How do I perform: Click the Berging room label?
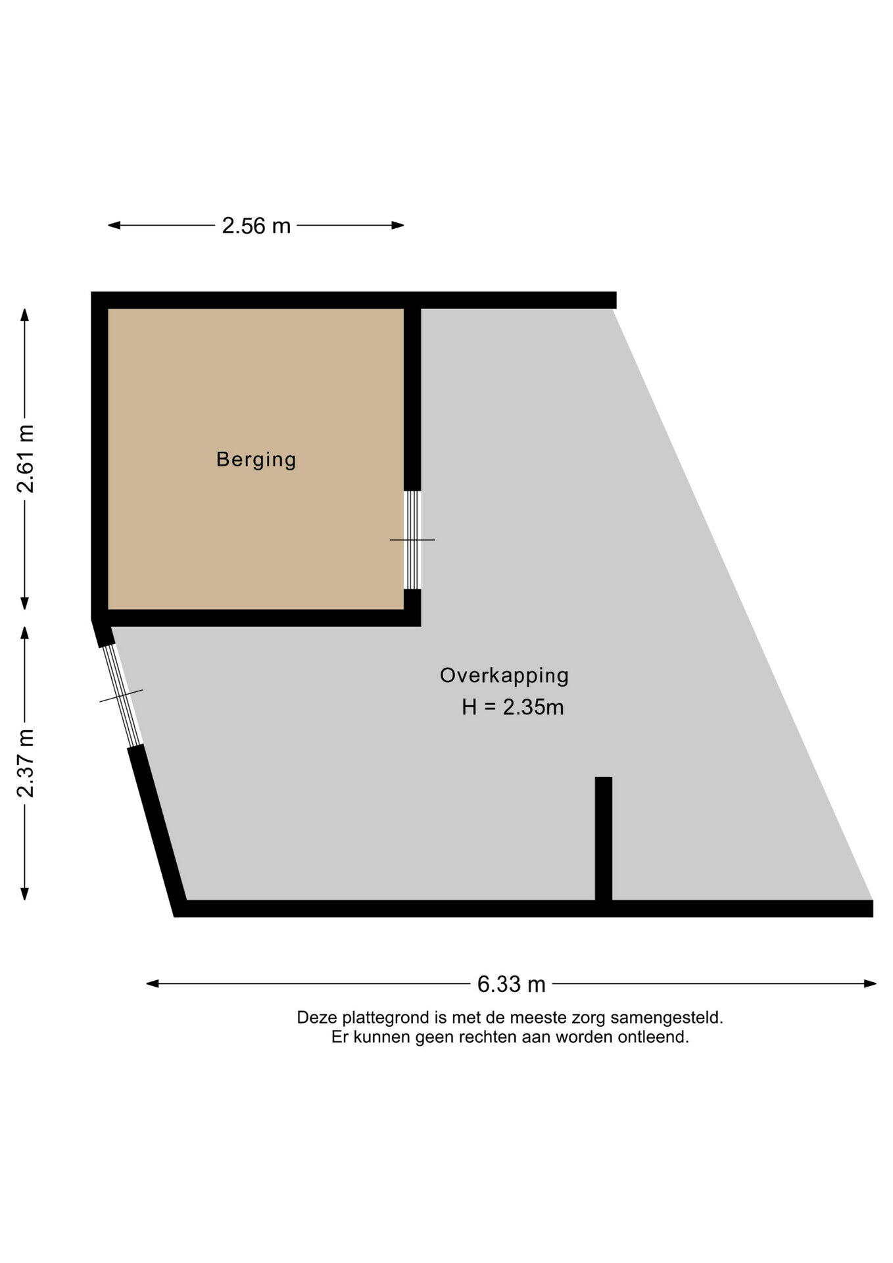256,459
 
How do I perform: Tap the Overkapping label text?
504,676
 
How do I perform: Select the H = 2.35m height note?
513,707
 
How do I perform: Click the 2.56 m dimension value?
256,226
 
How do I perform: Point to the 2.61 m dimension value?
26,459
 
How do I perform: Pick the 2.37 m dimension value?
26,763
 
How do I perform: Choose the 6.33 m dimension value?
512,984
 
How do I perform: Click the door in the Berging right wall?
412,540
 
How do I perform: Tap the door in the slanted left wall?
122,696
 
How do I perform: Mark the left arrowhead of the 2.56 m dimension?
114,225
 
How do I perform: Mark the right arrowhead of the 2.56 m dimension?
398,225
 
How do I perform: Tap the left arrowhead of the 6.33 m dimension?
152,983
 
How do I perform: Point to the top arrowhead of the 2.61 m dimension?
24,314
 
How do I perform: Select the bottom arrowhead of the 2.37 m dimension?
24,893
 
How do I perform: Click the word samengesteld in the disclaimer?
666,1018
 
